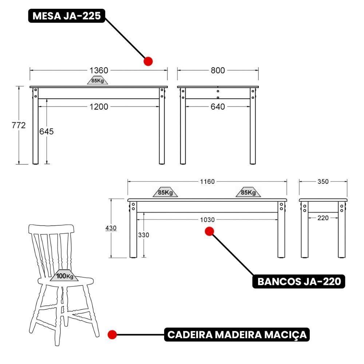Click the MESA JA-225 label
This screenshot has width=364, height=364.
click(67, 16)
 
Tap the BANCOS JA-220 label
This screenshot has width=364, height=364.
click(299, 281)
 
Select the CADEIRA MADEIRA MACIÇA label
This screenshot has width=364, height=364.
click(237, 334)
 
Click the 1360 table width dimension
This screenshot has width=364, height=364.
click(99, 70)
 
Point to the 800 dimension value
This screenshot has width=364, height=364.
click(218, 70)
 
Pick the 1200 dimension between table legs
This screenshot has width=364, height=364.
click(99, 107)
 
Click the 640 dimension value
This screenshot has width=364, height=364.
click(218, 107)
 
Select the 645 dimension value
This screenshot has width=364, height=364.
click(46, 131)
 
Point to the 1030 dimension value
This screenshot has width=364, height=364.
click(207, 219)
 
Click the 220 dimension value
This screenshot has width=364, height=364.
click(323, 218)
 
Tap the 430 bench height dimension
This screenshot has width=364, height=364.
click(111, 228)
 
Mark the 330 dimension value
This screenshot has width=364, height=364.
click(143, 235)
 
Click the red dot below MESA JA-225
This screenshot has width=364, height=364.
click(148, 61)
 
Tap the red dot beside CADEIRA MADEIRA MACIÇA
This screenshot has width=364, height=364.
click(112, 334)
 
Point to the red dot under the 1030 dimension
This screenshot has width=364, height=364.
click(209, 231)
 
